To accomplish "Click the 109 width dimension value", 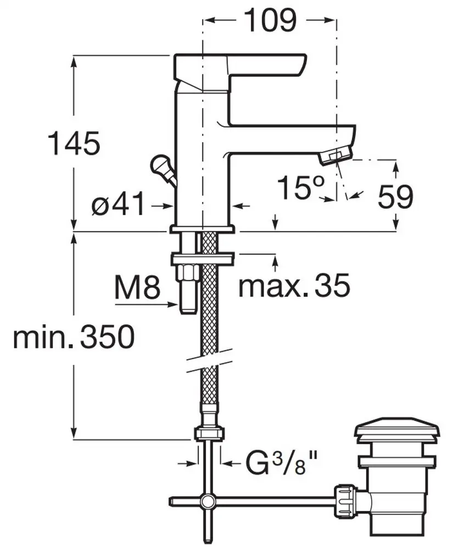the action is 270,20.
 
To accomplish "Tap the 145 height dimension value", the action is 74,143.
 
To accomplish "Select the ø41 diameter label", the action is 118,204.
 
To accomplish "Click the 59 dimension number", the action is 396,197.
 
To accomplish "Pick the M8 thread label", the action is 137,287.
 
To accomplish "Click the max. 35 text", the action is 294,285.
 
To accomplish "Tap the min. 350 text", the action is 74,337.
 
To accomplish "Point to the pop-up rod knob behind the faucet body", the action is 159,165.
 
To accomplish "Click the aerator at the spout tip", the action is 335,155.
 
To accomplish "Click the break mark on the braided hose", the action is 209,360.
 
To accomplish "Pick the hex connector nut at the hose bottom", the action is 209,434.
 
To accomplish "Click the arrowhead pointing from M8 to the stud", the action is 174,305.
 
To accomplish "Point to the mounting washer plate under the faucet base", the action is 203,259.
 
